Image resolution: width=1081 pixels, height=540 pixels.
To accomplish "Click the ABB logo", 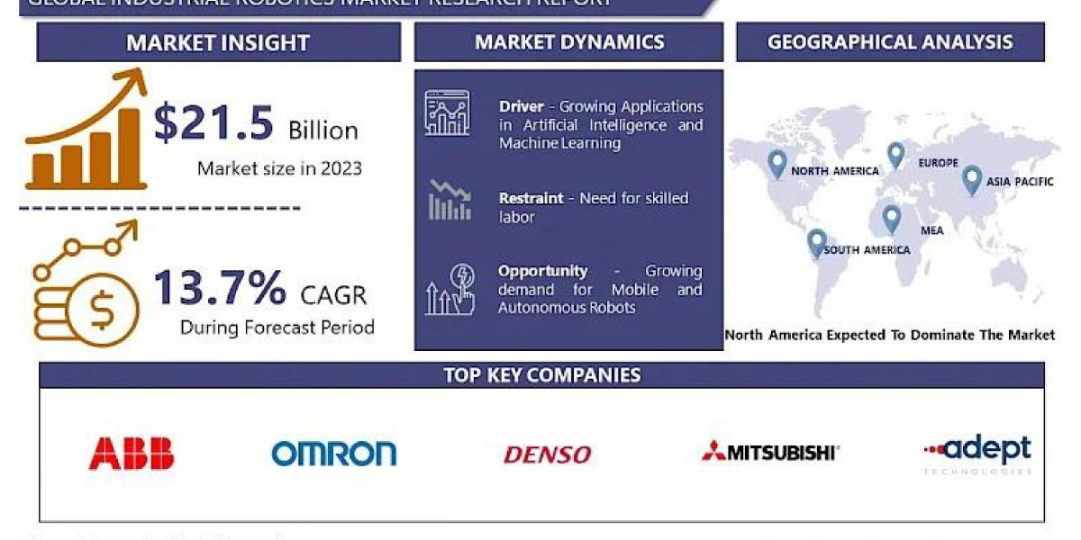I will pyautogui.click(x=132, y=453).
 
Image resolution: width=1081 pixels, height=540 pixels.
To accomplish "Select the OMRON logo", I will pyautogui.click(x=333, y=453).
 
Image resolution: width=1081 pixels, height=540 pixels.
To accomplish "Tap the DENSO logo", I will pyautogui.click(x=547, y=454).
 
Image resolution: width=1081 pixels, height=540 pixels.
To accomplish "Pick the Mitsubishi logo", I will pyautogui.click(x=770, y=452).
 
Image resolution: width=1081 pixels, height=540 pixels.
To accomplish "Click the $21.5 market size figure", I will pyautogui.click(x=213, y=124).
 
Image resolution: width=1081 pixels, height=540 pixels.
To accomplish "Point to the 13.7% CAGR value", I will pyautogui.click(x=219, y=288).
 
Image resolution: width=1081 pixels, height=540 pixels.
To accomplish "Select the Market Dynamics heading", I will pyautogui.click(x=569, y=42).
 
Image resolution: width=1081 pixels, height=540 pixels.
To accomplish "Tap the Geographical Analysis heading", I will pyautogui.click(x=890, y=42).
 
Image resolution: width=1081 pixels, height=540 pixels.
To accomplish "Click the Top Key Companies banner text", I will pyautogui.click(x=541, y=375).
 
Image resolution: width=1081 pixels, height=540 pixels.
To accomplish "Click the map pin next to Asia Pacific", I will pyautogui.click(x=971, y=179).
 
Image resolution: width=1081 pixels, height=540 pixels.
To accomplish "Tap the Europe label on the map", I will pyautogui.click(x=938, y=164).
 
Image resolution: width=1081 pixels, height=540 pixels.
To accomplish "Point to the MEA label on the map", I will pyautogui.click(x=931, y=230).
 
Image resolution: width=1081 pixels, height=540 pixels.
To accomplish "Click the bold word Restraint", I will pyautogui.click(x=531, y=198).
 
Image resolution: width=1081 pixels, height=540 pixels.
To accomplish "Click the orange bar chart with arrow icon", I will pyautogui.click(x=86, y=135).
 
